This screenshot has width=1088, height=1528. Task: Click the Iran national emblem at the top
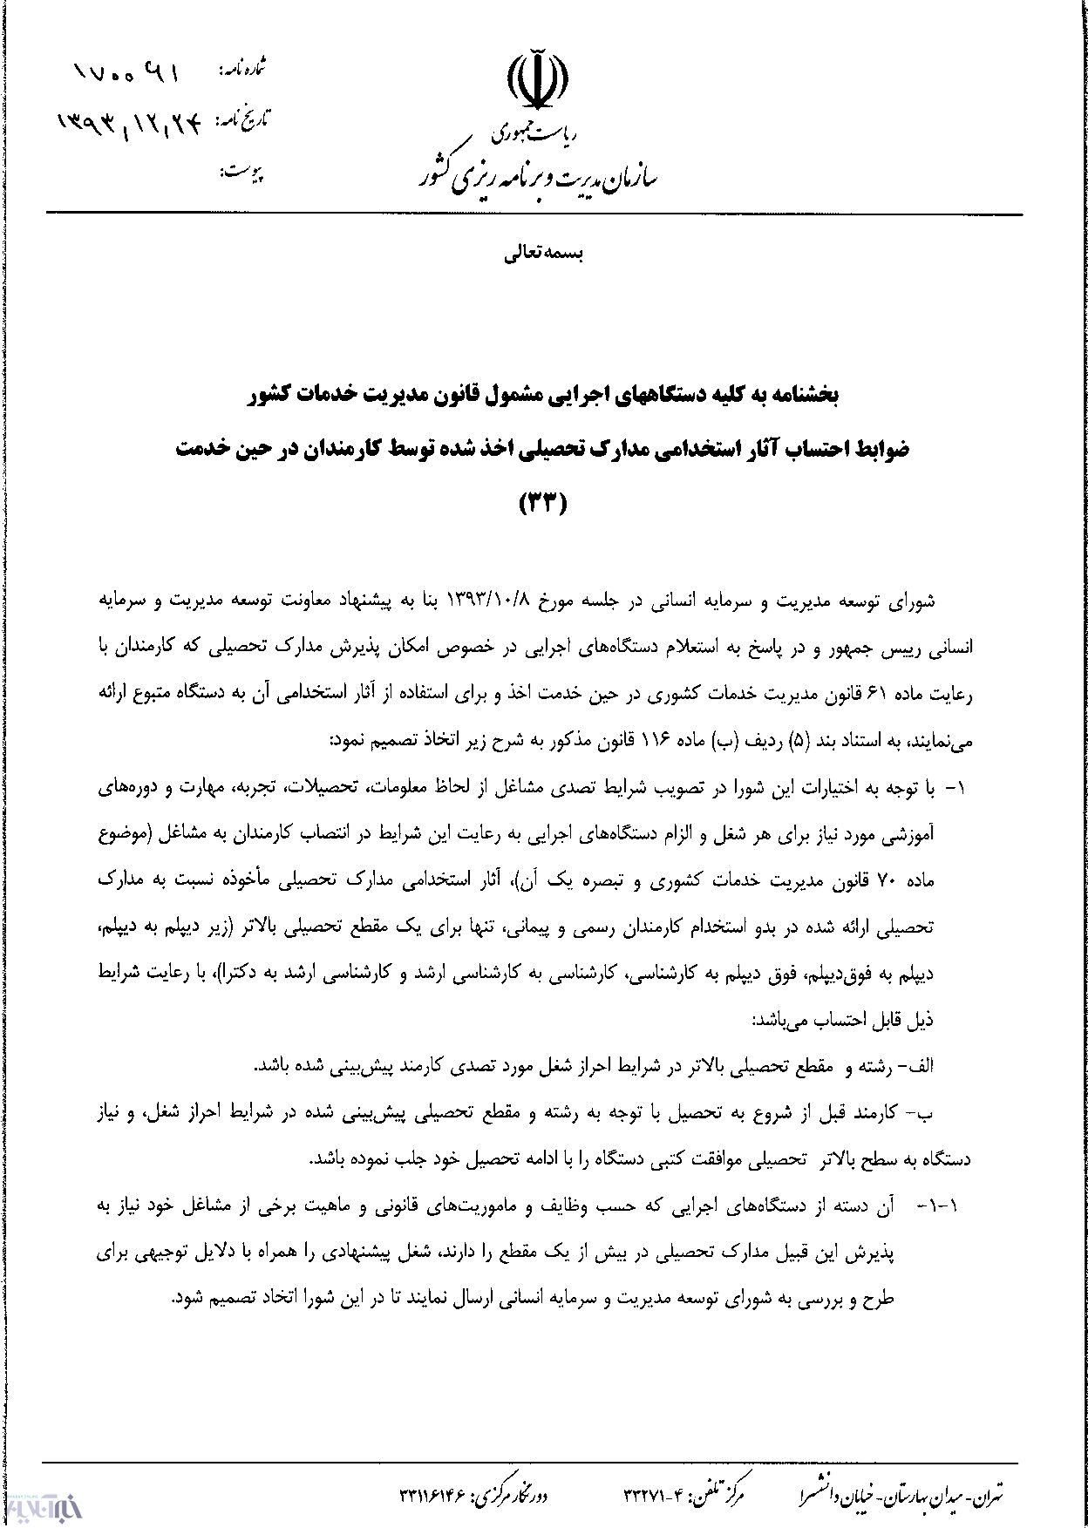click(x=537, y=83)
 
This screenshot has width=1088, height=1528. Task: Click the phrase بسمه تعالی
click(x=544, y=254)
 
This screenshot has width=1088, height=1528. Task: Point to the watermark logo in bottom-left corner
click(x=43, y=1504)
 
